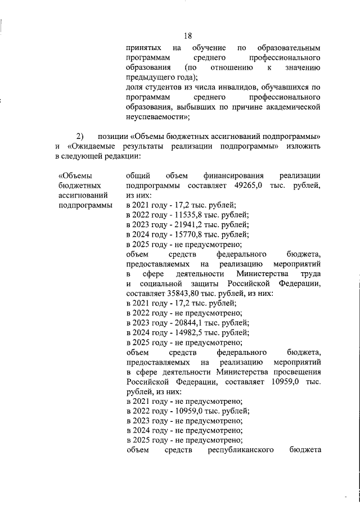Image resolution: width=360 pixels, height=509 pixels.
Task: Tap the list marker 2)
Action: [x=80, y=136]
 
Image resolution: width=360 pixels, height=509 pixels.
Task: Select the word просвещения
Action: [x=296, y=372]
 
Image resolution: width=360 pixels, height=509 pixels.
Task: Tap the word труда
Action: [x=311, y=274]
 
